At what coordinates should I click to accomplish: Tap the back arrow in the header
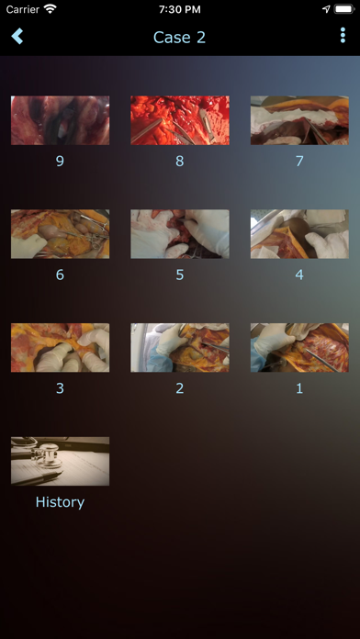[17, 37]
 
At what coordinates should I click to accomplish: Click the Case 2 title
[179, 37]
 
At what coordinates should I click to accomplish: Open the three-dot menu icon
[343, 36]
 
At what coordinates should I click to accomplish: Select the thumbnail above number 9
[60, 120]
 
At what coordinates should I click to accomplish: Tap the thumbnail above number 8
[180, 120]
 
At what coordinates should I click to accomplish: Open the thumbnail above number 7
[299, 120]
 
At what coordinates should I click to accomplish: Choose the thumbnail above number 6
[60, 234]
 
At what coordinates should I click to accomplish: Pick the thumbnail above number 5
[180, 234]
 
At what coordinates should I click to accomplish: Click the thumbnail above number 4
[299, 234]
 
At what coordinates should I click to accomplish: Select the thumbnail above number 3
[60, 348]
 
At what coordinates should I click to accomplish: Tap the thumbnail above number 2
[180, 348]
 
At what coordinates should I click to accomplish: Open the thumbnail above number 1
[299, 348]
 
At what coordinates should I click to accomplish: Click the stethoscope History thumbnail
[60, 461]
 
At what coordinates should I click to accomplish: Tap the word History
[60, 501]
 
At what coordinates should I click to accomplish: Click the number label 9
[60, 162]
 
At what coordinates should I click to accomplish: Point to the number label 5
[180, 275]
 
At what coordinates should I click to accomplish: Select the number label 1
[299, 388]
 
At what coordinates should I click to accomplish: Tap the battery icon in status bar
[344, 9]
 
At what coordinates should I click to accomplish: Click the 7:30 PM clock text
[180, 9]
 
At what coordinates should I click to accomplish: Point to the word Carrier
[23, 9]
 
